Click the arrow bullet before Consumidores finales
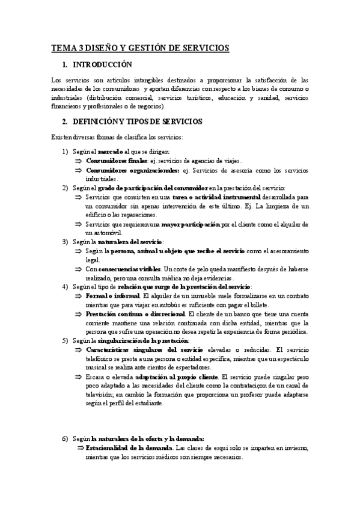pyautogui.click(x=79, y=161)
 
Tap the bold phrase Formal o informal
pyautogui.click(x=112, y=296)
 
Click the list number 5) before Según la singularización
pyautogui.click(x=66, y=340)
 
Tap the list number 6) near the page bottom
pyautogui.click(x=66, y=439)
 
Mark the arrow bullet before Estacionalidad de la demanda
pyautogui.click(x=79, y=448)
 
